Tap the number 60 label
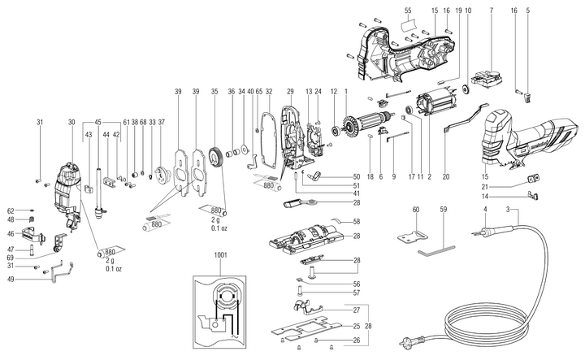pyautogui.click(x=415, y=210)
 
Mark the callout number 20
pyautogui.click(x=445, y=176)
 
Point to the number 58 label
pyautogui.click(x=356, y=221)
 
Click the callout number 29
pyautogui.click(x=289, y=90)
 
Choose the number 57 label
pyautogui.click(x=356, y=293)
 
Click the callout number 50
pyautogui.click(x=356, y=176)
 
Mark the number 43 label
pyautogui.click(x=88, y=135)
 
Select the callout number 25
pyautogui.click(x=356, y=326)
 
